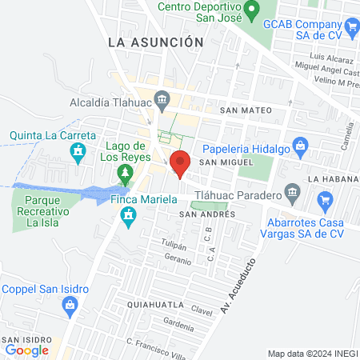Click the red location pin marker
click(180, 162)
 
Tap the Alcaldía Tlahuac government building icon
click(162, 100)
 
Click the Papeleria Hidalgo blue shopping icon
click(300, 146)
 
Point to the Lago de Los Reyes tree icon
click(124, 172)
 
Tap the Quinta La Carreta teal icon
click(78, 151)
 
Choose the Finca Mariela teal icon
click(127, 215)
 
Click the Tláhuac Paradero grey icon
click(292, 193)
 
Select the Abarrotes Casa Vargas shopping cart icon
click(325, 200)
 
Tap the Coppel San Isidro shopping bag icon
click(70, 304)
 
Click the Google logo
click(26, 350)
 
